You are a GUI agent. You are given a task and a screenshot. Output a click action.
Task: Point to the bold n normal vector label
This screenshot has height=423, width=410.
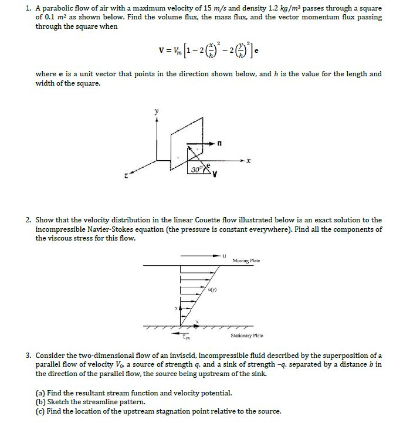[x=219, y=142]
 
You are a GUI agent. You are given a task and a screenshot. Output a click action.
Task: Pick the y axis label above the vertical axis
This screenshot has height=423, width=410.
[x=156, y=110]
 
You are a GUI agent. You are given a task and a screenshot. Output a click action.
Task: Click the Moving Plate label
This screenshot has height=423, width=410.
[x=246, y=260]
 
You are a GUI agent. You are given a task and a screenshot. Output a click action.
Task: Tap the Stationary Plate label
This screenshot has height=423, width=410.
[x=247, y=336]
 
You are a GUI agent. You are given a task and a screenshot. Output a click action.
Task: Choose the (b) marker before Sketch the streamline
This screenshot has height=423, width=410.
[x=40, y=402]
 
